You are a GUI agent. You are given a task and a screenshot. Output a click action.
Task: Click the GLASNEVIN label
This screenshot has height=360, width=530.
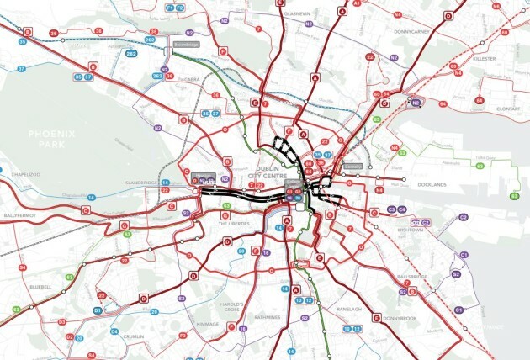(x=299, y=14)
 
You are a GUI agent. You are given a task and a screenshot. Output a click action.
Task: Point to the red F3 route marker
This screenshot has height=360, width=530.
(x=183, y=336)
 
